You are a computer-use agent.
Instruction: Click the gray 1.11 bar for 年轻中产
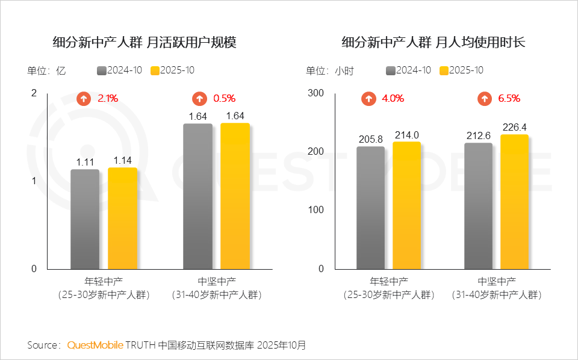[x=85, y=219]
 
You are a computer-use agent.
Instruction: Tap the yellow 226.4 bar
[x=514, y=202]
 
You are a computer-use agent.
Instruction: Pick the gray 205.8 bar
[x=370, y=208]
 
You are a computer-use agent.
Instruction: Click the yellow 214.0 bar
[x=406, y=205]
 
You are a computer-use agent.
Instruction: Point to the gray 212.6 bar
[x=478, y=206]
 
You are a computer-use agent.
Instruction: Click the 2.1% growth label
[x=108, y=98]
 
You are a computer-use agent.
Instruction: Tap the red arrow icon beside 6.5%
[x=484, y=99]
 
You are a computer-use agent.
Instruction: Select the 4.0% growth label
[x=393, y=98]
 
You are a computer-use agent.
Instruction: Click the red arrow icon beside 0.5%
[x=199, y=99]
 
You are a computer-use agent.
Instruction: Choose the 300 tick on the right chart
[x=317, y=93]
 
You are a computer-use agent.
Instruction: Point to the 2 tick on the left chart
[x=34, y=93]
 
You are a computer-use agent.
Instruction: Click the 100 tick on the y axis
[x=317, y=210]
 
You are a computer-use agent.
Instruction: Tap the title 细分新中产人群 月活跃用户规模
[x=144, y=43]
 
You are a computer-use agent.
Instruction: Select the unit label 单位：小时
[x=329, y=70]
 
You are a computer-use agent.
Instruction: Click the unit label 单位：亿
[x=46, y=70]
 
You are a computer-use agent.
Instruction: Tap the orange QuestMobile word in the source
[x=95, y=346]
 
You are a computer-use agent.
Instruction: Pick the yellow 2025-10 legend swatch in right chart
[x=444, y=70]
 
